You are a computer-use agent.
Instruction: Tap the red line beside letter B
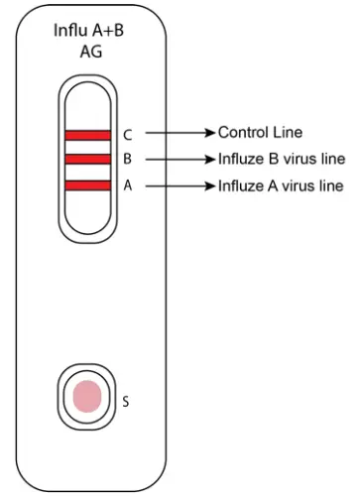[x=88, y=159]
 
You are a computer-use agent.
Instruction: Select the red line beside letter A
[x=88, y=185]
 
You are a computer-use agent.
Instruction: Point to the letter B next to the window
[x=127, y=159]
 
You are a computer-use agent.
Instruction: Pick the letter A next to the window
[x=127, y=185]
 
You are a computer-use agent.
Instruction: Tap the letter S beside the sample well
[x=125, y=402]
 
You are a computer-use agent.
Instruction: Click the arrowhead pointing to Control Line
[x=209, y=133]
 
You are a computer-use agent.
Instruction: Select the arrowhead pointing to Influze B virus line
[x=209, y=159]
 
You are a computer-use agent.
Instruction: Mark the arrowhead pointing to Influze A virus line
[x=209, y=186]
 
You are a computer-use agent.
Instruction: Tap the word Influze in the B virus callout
[x=242, y=159]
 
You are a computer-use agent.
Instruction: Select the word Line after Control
[x=287, y=133]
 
